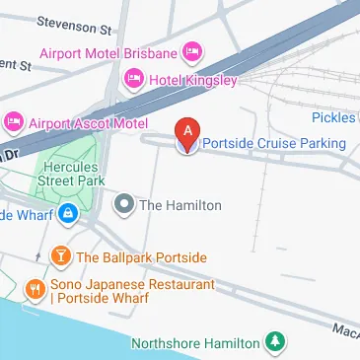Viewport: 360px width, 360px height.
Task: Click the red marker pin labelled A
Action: click(x=187, y=133)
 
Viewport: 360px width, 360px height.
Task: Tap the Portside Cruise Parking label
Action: click(x=274, y=144)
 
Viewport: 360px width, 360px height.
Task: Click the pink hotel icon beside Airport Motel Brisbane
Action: click(x=192, y=51)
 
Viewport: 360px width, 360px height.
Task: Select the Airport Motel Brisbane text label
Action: click(x=108, y=51)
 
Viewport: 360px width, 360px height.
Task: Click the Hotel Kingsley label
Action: click(x=192, y=78)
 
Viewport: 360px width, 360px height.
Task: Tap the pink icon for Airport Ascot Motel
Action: click(x=14, y=121)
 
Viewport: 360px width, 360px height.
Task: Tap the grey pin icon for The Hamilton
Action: click(x=124, y=205)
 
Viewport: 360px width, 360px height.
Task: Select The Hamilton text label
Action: click(x=180, y=205)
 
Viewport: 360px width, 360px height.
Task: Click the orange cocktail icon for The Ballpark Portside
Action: click(x=61, y=257)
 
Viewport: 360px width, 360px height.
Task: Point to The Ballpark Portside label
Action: click(x=142, y=257)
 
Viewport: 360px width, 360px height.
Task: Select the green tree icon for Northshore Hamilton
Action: click(x=277, y=342)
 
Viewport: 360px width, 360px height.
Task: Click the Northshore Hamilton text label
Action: click(x=196, y=343)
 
